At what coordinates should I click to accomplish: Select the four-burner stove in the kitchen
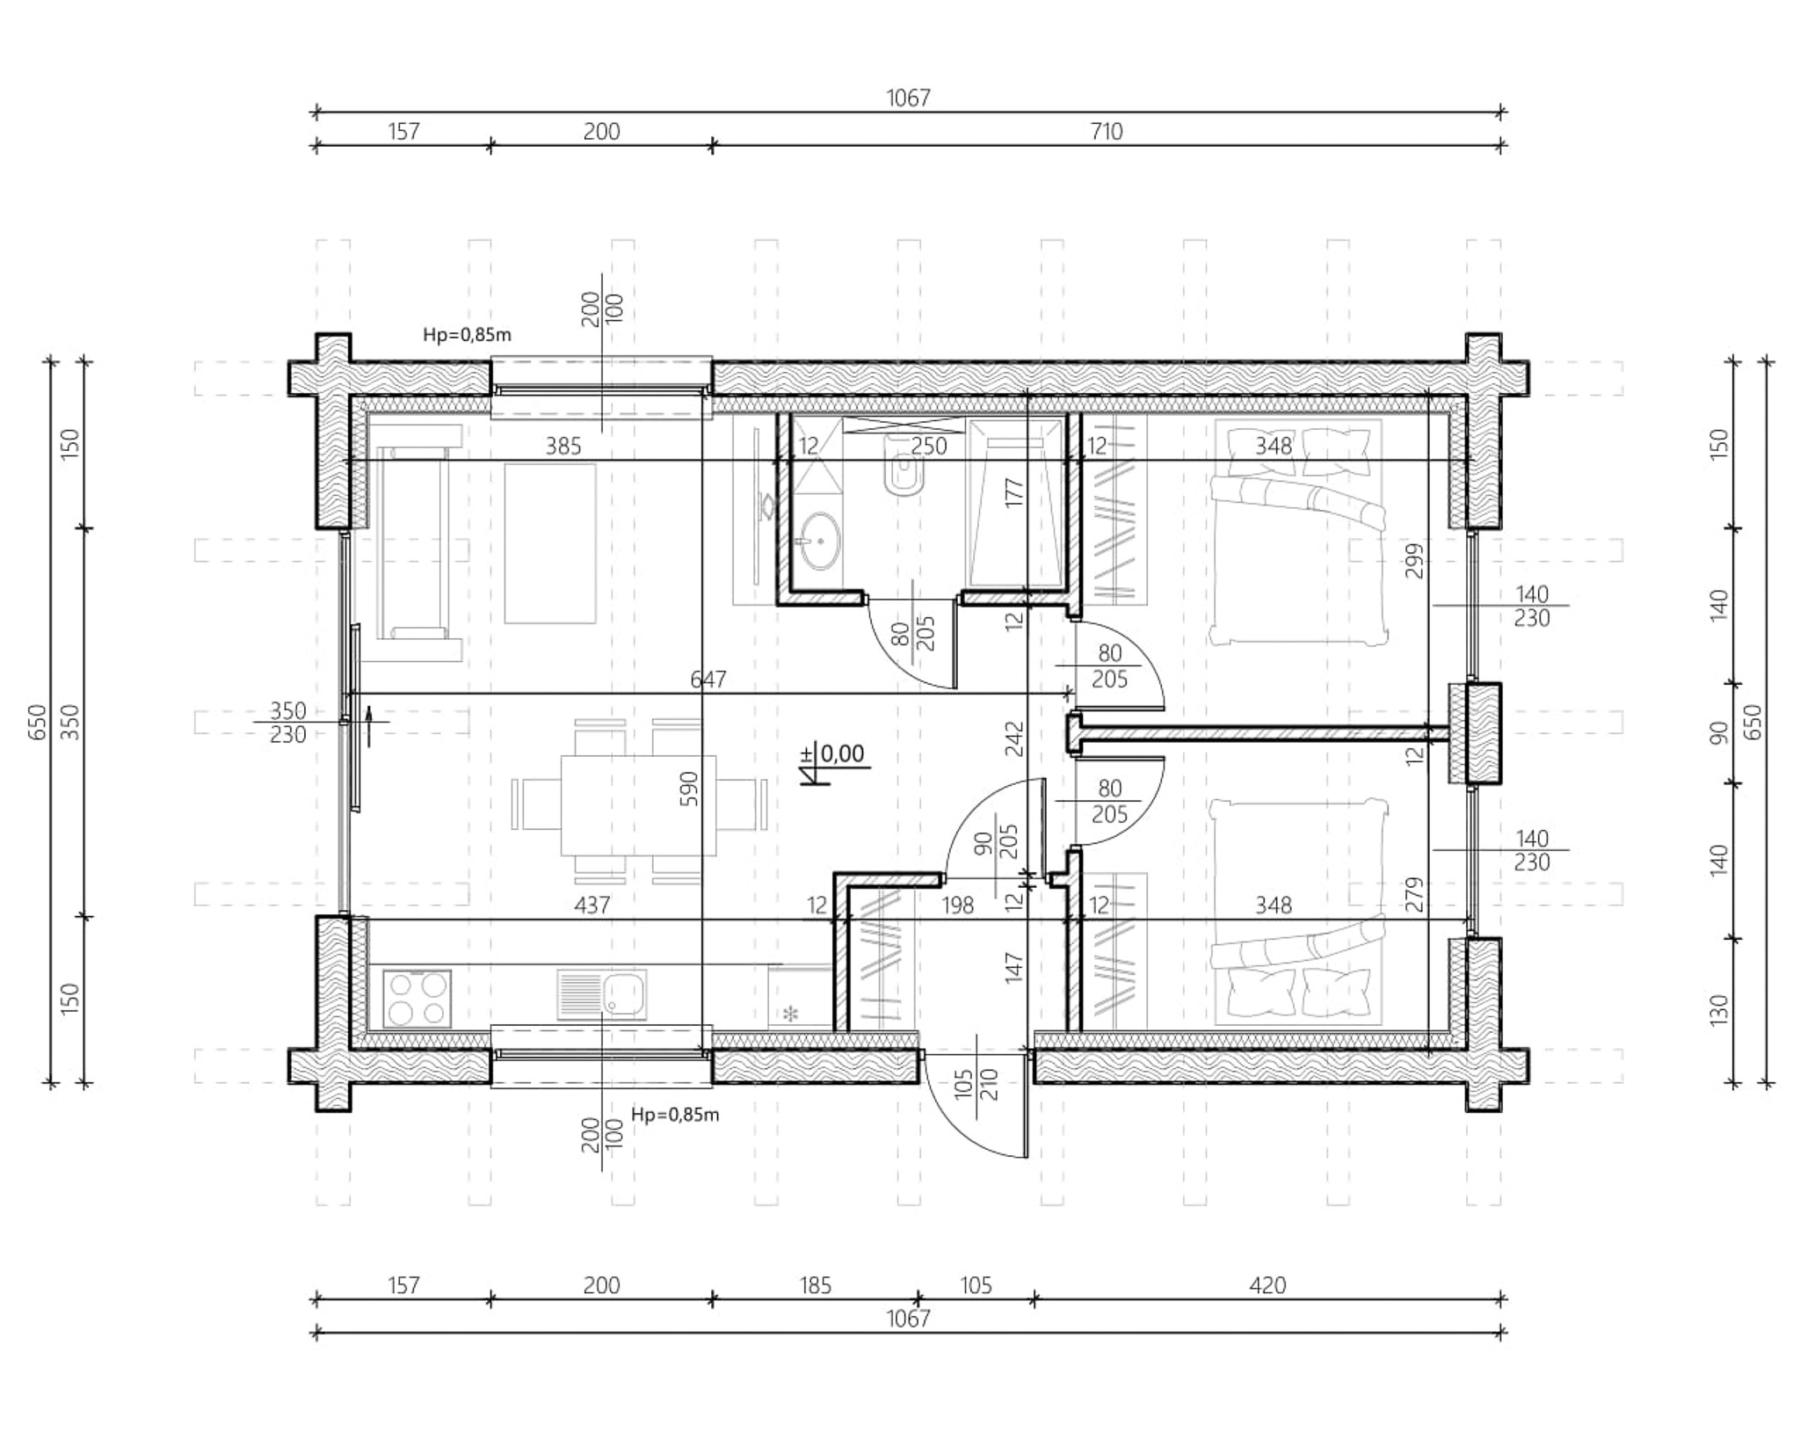tap(417, 998)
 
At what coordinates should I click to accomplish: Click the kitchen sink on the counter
tap(601, 994)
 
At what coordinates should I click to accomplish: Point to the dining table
tap(638, 804)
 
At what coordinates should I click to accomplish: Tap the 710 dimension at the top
tap(1107, 132)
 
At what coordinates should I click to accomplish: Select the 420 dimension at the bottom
tap(1267, 1285)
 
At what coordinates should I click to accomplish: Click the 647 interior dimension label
tap(708, 680)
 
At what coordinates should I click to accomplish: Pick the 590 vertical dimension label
tap(689, 789)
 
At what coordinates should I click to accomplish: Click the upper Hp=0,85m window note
tap(467, 335)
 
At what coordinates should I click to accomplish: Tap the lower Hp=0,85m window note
tap(675, 1115)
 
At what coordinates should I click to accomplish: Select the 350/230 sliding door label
tap(288, 722)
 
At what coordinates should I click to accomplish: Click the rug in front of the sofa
tap(550, 543)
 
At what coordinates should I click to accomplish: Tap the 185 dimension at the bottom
tap(815, 1285)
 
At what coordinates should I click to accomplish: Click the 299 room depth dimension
tap(1414, 560)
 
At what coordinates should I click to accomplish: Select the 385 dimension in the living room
tap(563, 447)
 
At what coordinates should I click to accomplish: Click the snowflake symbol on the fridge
tap(791, 1015)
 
